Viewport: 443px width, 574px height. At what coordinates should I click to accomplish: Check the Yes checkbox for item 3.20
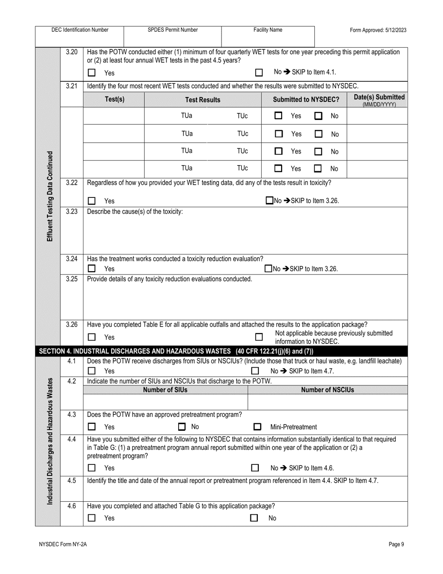(92, 73)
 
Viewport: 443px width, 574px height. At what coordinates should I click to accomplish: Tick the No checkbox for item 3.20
(259, 73)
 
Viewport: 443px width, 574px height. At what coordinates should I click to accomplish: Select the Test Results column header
(202, 100)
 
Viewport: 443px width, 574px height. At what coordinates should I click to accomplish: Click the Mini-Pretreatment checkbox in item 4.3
(257, 427)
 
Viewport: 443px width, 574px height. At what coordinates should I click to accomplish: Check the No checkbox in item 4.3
(182, 427)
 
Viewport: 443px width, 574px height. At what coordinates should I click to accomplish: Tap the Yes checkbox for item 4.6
(92, 518)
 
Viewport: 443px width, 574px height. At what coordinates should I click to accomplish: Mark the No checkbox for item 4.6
(254, 518)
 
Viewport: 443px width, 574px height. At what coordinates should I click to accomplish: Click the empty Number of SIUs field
(166, 402)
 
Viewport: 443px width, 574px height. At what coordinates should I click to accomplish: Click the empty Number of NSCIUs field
(327, 402)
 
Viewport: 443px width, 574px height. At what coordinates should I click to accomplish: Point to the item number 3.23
(71, 211)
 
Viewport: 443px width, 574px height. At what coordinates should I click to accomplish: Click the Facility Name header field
(268, 30)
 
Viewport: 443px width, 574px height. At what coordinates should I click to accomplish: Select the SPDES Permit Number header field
(173, 30)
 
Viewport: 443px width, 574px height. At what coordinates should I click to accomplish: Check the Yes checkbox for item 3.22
(92, 201)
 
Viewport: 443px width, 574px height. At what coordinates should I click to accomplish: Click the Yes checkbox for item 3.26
(92, 337)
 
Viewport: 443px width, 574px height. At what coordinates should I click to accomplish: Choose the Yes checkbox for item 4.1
(92, 371)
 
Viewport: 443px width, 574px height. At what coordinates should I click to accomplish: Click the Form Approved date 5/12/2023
(378, 30)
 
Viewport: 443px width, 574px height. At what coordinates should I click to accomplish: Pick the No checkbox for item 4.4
(255, 468)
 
